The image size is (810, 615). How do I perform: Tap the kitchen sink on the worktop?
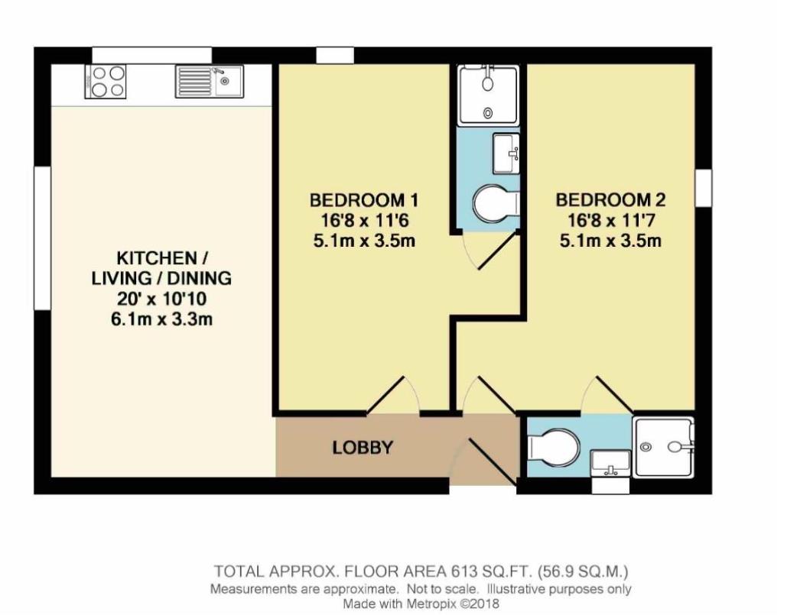coord(208,80)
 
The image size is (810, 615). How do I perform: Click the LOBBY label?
coord(363,448)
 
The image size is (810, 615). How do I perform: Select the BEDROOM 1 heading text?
coord(363,200)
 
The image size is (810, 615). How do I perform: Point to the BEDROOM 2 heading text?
coord(610,200)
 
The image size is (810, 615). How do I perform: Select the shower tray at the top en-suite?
coord(487,95)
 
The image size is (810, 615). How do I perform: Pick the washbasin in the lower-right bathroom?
coord(610,463)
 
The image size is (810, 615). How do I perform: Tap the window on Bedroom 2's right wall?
coord(703,188)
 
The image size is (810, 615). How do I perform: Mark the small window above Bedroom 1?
coord(335,56)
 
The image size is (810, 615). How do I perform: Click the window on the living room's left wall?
coord(43,238)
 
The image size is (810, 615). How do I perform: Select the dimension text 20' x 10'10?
coord(161,299)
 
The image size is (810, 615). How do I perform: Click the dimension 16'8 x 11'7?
coord(610,221)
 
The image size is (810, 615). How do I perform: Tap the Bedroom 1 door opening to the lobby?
coord(398,397)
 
